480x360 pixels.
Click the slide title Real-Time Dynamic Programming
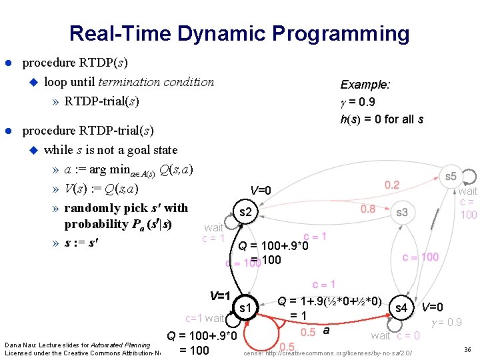239,33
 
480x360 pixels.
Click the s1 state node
245,307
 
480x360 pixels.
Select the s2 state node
245,212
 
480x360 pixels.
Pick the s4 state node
401,308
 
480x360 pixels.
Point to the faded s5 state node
451,177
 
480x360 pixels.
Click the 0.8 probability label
368,209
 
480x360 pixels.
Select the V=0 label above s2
261,191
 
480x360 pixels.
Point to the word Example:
365,85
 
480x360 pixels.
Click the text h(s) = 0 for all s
382,119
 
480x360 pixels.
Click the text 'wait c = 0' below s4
395,335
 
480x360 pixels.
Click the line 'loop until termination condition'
129,82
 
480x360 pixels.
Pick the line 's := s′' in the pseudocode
83,241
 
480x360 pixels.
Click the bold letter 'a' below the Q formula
326,330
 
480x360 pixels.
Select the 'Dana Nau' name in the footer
16,345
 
